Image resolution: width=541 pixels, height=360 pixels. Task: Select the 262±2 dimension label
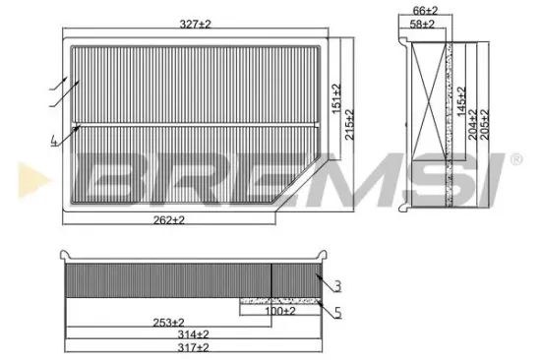171,220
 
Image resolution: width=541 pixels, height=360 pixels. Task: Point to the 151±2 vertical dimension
336,98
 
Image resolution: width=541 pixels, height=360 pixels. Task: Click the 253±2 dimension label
169,323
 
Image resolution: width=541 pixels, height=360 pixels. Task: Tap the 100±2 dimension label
279,312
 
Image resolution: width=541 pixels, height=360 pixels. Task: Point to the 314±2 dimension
195,335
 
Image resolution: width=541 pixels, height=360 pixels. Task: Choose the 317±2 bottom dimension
195,348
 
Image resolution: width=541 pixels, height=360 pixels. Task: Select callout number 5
337,316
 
